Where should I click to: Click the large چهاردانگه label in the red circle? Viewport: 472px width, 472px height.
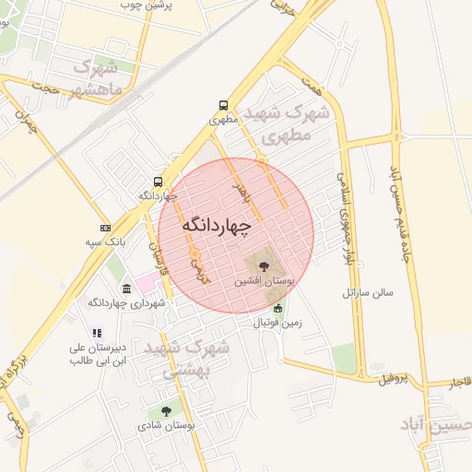tap(217, 225)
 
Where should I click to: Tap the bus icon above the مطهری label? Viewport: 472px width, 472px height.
tap(224, 106)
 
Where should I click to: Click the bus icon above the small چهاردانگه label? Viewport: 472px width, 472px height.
tap(158, 182)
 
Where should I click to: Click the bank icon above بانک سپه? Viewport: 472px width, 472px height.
tap(105, 228)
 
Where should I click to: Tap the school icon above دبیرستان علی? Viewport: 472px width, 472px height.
tap(96, 334)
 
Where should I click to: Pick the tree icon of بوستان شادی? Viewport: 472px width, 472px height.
tap(166, 411)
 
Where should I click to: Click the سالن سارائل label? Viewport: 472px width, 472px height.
tap(368, 292)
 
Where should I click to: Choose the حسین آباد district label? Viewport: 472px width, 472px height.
tap(435, 424)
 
